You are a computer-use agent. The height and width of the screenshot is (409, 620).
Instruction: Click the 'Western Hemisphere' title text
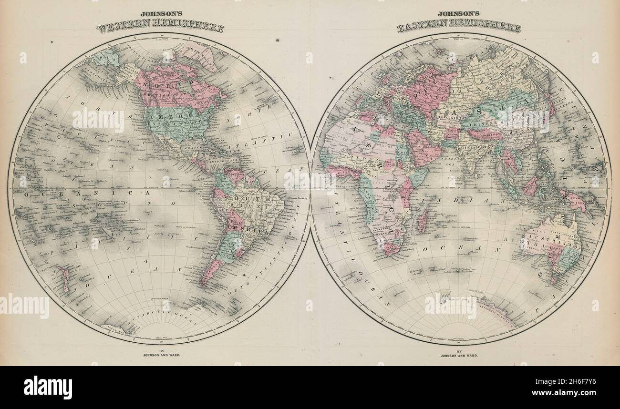(x=160, y=28)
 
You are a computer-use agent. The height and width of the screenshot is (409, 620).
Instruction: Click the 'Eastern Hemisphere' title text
(x=459, y=28)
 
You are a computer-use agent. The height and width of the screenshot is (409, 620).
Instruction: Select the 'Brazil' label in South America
(x=250, y=207)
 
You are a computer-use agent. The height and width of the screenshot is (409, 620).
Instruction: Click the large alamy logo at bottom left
(x=48, y=387)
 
